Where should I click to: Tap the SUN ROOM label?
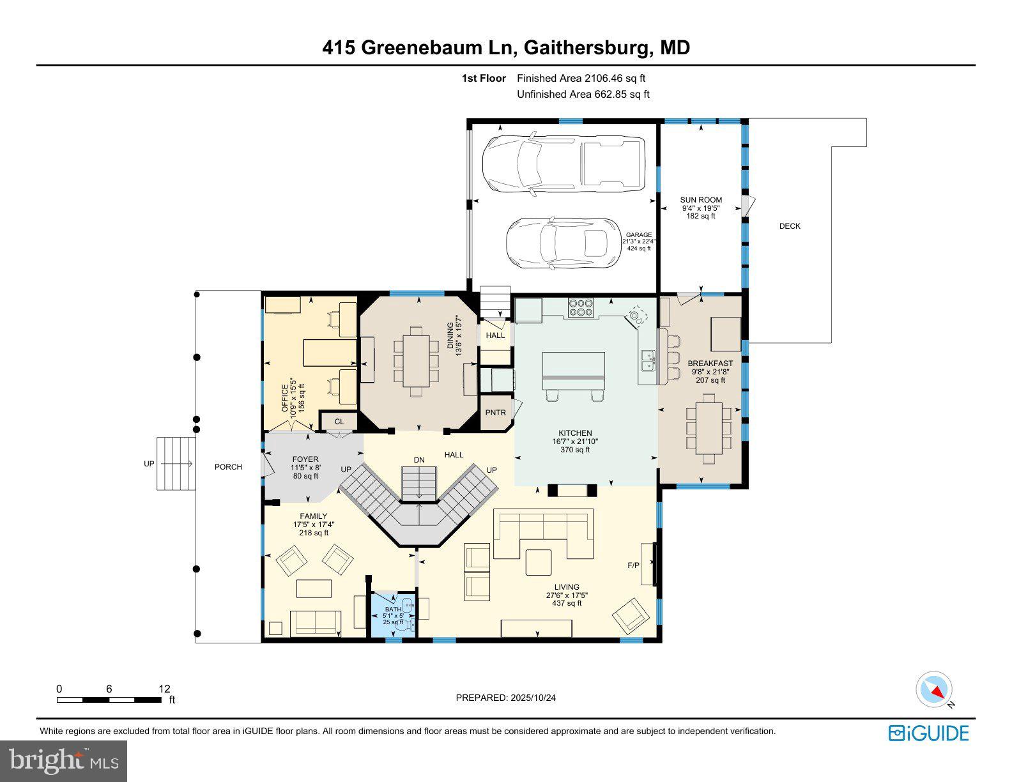701,200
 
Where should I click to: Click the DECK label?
790,226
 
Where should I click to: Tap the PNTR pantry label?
495,413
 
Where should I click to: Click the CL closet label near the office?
339,422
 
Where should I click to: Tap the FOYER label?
305,459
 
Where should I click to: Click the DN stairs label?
419,460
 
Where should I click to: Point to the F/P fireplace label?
633,565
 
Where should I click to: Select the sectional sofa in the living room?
543,533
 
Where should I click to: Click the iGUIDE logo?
928,733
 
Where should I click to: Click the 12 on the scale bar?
164,689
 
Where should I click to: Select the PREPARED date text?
505,698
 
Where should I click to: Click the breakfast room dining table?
709,424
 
